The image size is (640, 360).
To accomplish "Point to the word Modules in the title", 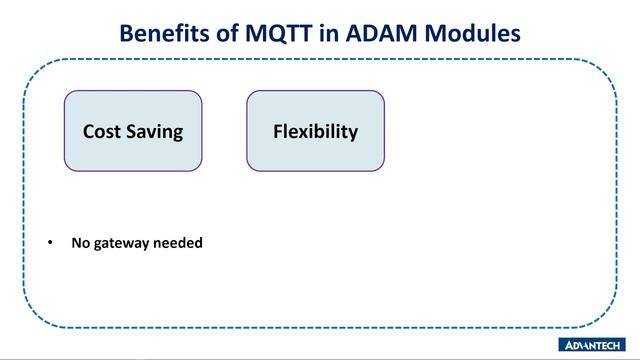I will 482,33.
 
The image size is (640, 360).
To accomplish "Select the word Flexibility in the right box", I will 315,132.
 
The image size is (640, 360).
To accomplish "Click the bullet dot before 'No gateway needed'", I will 51,243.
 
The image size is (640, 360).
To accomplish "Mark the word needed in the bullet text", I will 178,242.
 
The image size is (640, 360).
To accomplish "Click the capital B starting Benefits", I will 127,33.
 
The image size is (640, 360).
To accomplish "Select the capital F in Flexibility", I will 278,132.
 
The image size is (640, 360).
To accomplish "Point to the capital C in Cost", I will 88,132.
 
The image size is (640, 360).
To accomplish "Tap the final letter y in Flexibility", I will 353,134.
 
